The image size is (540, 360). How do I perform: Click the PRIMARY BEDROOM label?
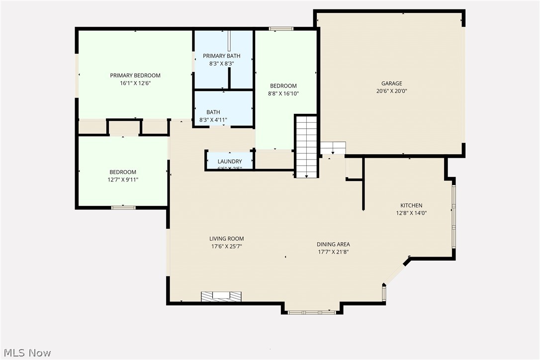(135, 76)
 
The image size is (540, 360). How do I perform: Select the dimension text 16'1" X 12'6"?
(135, 84)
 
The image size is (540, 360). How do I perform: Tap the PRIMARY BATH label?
(221, 56)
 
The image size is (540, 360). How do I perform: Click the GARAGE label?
(392, 84)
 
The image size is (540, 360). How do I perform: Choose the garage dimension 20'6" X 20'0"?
(392, 91)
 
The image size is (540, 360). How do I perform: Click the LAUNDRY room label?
(230, 162)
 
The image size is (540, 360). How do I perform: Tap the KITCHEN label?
(411, 205)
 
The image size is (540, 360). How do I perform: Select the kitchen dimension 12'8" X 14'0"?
(411, 213)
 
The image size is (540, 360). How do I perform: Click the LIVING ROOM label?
(227, 239)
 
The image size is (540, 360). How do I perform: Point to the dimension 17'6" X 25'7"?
(227, 246)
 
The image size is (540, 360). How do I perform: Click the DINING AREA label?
(333, 244)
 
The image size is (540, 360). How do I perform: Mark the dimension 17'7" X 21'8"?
(333, 252)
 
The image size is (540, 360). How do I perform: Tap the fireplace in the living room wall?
(222, 296)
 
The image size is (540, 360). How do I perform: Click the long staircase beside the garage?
(306, 146)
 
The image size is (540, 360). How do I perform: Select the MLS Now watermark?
(26, 353)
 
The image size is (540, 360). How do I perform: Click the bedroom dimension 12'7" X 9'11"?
(122, 180)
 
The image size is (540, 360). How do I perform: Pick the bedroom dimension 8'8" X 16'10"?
(283, 93)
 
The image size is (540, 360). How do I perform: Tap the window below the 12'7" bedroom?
(123, 207)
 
